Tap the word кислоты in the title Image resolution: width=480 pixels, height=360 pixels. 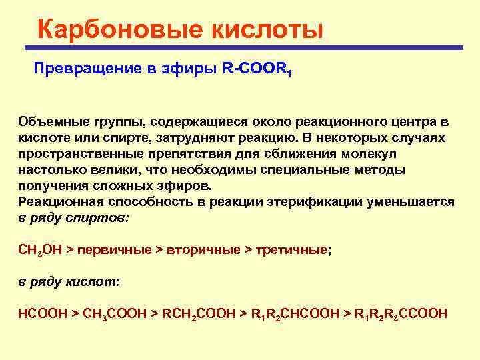click(x=267, y=30)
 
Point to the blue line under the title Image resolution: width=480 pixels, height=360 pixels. click(x=243, y=48)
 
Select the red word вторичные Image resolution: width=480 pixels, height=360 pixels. click(x=203, y=250)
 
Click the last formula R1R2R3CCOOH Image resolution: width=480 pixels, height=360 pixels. click(x=401, y=313)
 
